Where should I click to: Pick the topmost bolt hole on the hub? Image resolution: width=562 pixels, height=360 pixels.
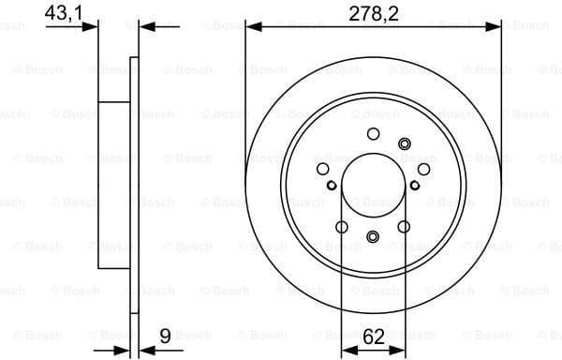pyautogui.click(x=373, y=133)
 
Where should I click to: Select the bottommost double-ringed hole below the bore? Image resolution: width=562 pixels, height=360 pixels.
pyautogui.click(x=373, y=237)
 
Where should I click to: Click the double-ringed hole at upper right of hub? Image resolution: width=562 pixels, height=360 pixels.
pyautogui.click(x=405, y=142)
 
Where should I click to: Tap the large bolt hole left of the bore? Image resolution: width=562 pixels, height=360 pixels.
pyautogui.click(x=323, y=169)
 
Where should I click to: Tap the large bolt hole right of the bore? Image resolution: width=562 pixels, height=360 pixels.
pyautogui.click(x=423, y=169)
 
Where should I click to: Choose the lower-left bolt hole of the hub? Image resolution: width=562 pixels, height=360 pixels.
pyautogui.click(x=342, y=226)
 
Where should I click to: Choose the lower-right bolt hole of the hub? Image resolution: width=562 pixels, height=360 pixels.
pyautogui.click(x=404, y=226)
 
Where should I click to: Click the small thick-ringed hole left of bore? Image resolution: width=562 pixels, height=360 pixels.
pyautogui.click(x=332, y=185)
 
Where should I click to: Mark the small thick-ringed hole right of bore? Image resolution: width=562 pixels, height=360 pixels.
pyautogui.click(x=415, y=185)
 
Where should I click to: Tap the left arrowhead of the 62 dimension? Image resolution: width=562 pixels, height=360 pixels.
pyautogui.click(x=347, y=350)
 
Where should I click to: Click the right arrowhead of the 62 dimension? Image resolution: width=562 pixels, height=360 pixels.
pyautogui.click(x=399, y=350)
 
